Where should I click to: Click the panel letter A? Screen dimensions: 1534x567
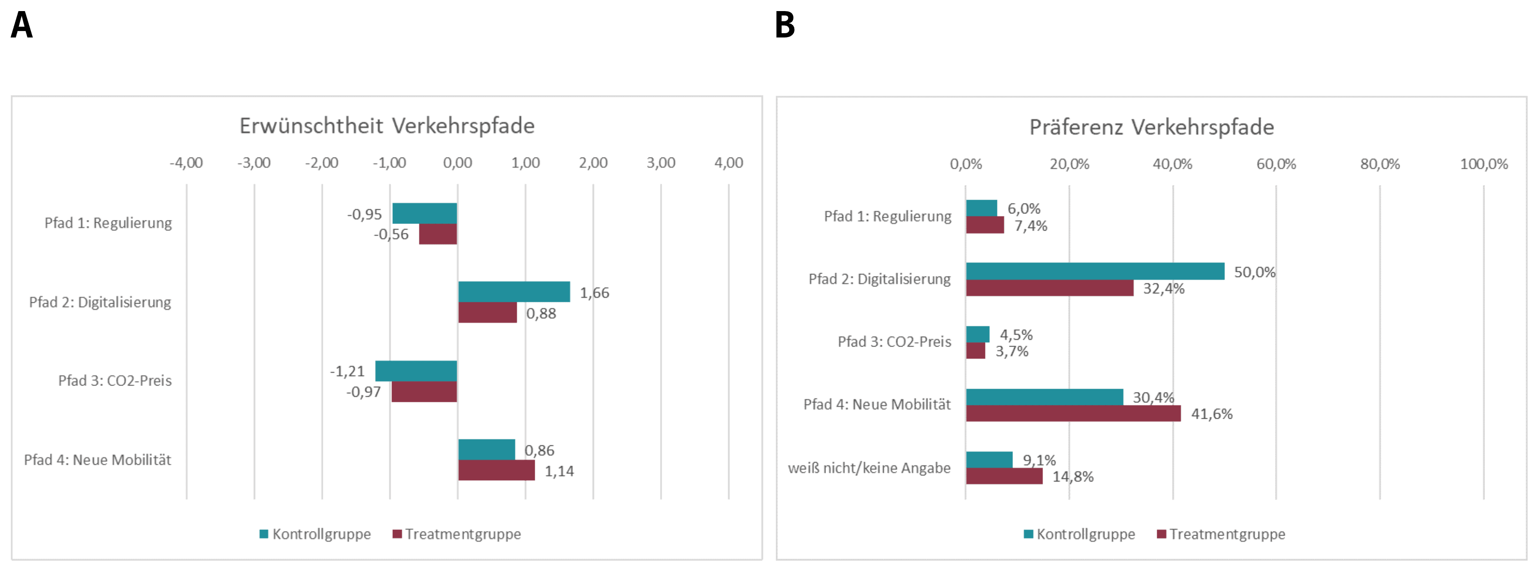(x=22, y=26)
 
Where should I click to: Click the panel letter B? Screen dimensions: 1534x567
(x=785, y=26)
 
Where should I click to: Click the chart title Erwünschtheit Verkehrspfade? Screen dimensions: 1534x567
(x=387, y=126)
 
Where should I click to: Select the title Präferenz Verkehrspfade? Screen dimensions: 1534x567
(x=1152, y=127)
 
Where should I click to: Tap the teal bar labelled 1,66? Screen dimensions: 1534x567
(x=514, y=292)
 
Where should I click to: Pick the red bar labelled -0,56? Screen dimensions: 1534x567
(x=438, y=234)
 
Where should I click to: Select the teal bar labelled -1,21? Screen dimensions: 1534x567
(x=416, y=371)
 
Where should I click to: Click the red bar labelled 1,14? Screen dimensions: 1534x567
(x=497, y=470)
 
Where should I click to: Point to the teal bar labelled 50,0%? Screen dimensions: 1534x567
(x=1095, y=271)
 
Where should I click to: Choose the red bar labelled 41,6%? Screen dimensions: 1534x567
(x=1073, y=413)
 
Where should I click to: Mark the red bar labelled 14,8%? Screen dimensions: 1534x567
(x=1004, y=476)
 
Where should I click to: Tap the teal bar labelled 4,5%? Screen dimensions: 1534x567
(x=978, y=334)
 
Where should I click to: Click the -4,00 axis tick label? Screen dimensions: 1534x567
(x=186, y=162)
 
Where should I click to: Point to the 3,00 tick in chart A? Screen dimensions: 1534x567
(x=661, y=162)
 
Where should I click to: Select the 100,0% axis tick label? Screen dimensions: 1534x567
(x=1484, y=164)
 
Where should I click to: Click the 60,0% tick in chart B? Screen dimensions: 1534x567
(x=1276, y=164)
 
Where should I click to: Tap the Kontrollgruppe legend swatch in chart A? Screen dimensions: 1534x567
(x=264, y=534)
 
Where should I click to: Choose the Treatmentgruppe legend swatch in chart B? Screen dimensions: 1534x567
(x=1161, y=534)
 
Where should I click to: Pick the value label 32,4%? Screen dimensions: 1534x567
(x=1164, y=289)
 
